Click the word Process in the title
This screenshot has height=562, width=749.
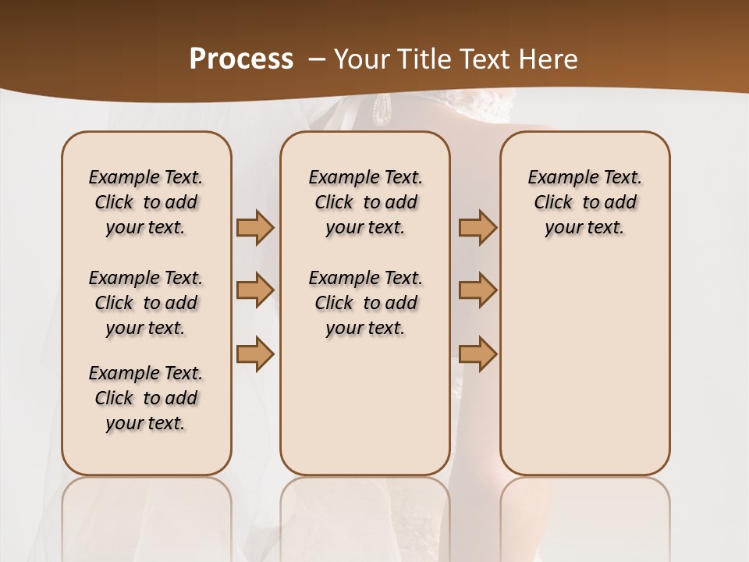(241, 59)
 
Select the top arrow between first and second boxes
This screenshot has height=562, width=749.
(255, 228)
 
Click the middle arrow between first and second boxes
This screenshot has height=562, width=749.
(255, 290)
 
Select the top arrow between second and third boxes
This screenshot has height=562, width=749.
(477, 228)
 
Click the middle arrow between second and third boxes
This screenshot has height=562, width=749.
(477, 290)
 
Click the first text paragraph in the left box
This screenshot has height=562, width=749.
(146, 202)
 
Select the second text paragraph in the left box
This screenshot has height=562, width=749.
(146, 303)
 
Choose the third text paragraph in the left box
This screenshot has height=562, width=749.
(146, 398)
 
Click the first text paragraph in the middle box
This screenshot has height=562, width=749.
(365, 202)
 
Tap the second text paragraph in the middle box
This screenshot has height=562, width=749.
(365, 303)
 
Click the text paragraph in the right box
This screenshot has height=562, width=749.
(584, 202)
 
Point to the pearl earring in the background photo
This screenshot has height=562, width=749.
(383, 108)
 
